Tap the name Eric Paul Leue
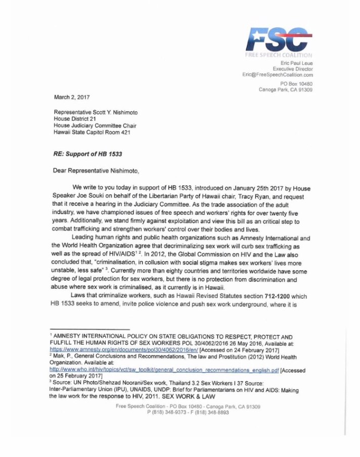pos(296,63)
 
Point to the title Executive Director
pos(293,69)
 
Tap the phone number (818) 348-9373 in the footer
pos(169,413)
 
